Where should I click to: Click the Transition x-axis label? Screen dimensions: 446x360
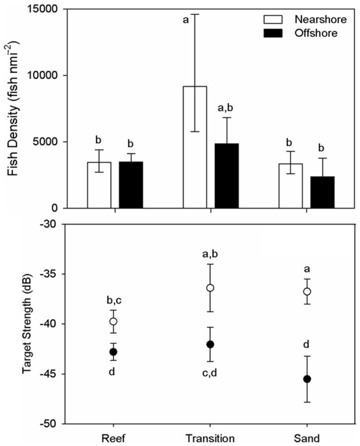210,438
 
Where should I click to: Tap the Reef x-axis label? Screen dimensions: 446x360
114,438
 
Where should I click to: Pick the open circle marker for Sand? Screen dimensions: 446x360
307,291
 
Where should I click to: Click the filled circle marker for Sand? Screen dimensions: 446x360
307,379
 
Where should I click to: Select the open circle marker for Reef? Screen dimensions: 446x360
113,321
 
